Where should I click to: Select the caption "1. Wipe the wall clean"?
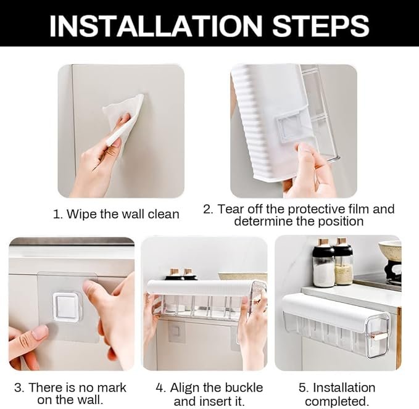coord(116,214)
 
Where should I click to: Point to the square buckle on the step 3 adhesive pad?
coord(66,304)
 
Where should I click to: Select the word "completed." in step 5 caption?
coord(337,401)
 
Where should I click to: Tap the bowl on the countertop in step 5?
coord(390,250)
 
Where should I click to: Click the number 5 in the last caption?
coord(302,387)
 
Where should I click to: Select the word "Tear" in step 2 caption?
coord(229,209)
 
